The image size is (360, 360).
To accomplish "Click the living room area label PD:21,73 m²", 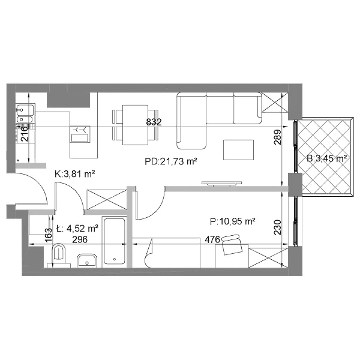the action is click(x=171, y=161).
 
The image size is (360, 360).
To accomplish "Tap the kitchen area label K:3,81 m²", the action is click(x=75, y=174).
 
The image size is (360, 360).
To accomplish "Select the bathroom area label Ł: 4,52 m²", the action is click(x=77, y=229).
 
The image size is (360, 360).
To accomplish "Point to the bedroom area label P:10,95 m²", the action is click(x=233, y=221).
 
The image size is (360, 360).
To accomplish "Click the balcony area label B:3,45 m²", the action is click(x=326, y=158).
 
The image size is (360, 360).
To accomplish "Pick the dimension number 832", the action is click(x=154, y=122).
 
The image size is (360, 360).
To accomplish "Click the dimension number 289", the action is click(x=277, y=137).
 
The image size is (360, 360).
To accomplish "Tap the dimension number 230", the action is click(x=277, y=227).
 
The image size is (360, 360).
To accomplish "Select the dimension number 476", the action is click(x=212, y=239).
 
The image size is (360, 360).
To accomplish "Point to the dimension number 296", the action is click(x=80, y=239).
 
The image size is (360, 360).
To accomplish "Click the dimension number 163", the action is click(x=49, y=235).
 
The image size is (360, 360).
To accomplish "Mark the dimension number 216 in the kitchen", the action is click(x=24, y=134).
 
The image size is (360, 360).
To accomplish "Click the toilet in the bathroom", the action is click(x=59, y=256).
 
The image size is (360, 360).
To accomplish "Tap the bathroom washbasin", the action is click(x=87, y=261).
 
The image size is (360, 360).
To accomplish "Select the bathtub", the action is click(x=115, y=241).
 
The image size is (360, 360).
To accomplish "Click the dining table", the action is click(x=135, y=125).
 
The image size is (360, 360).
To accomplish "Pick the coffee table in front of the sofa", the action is click(x=239, y=150).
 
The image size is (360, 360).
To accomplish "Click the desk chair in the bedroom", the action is click(x=232, y=245).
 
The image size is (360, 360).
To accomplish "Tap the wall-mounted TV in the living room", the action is click(x=222, y=183).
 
